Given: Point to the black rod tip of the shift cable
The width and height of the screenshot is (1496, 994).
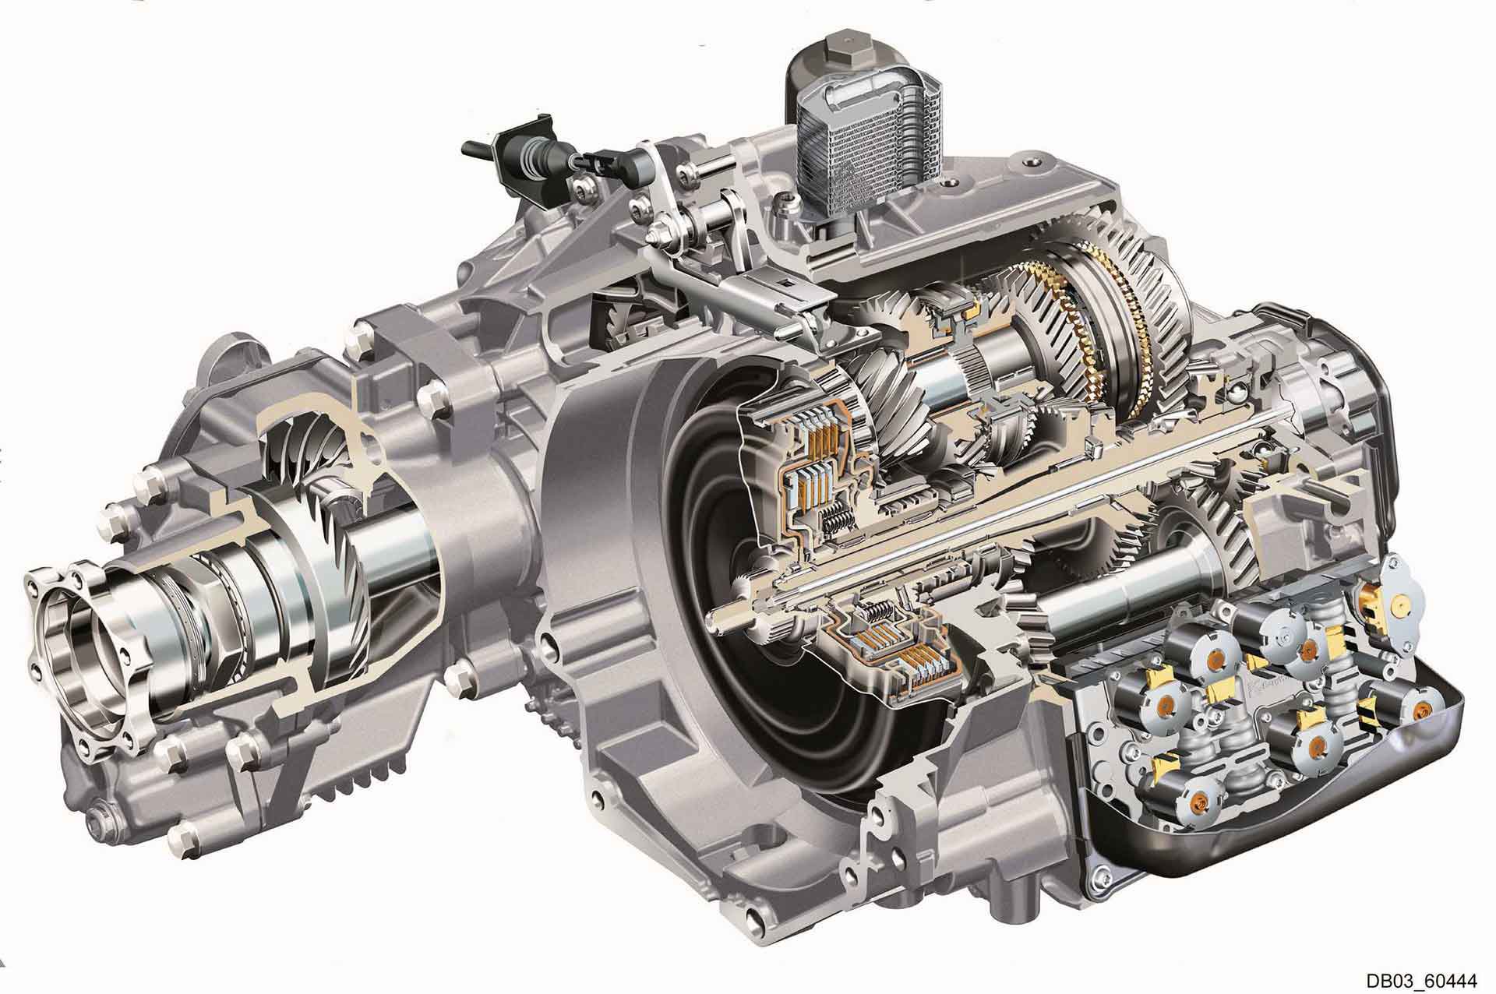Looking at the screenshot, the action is (x=473, y=146).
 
